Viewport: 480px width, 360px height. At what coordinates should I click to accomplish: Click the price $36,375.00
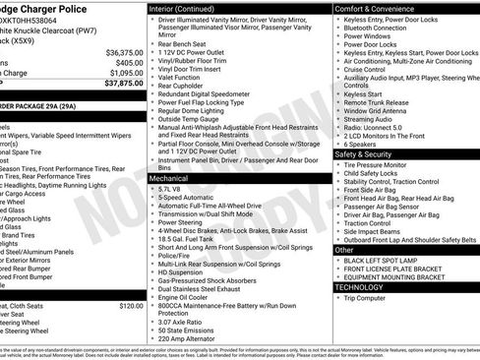tap(123, 52)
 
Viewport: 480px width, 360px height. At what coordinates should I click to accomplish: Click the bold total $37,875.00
tap(123, 84)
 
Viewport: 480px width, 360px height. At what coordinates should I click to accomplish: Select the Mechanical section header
tap(168, 180)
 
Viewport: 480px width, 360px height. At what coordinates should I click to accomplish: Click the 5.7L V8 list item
tap(174, 188)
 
